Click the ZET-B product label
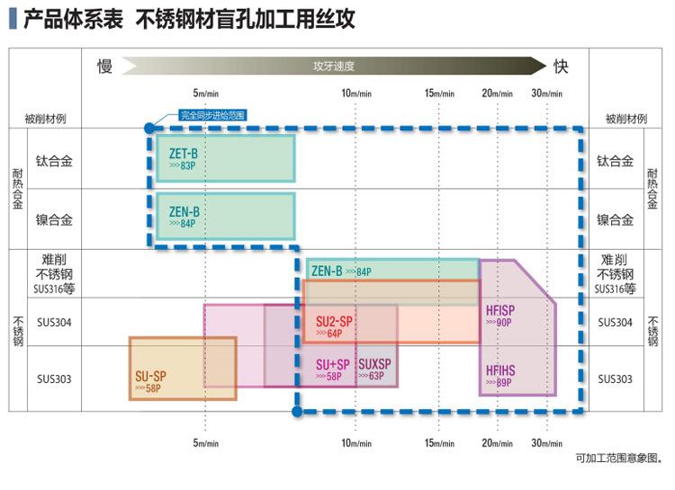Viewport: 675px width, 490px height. click(x=183, y=154)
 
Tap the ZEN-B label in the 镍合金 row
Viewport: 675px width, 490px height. click(x=184, y=212)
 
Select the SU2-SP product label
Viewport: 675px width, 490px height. click(x=334, y=321)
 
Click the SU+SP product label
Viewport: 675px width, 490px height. click(x=332, y=364)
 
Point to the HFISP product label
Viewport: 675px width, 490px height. click(x=499, y=310)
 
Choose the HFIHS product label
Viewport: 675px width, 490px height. click(x=499, y=370)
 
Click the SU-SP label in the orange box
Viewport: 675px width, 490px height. click(x=151, y=376)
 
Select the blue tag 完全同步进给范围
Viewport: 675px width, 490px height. click(x=211, y=115)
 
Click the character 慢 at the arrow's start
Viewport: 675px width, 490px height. click(x=105, y=67)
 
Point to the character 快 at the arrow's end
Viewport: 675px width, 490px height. click(x=561, y=67)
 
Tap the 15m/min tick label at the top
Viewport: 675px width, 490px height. click(x=440, y=93)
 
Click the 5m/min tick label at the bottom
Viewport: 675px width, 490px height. click(x=206, y=442)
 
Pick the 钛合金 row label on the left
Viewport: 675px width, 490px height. click(x=54, y=162)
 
